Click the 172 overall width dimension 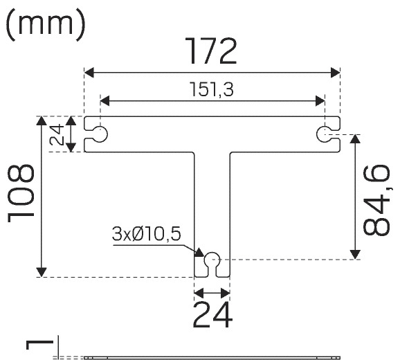(210, 51)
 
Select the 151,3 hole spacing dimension (212, 89)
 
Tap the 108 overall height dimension (21, 193)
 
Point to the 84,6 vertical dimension (376, 200)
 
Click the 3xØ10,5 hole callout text (147, 234)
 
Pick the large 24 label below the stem (212, 314)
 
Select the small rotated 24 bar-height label (57, 134)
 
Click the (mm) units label (45, 25)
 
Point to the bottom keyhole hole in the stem (212, 260)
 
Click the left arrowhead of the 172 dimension (89, 73)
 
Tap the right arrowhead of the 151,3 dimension (320, 101)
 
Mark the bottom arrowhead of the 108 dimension (42, 272)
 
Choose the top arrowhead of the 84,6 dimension (355, 139)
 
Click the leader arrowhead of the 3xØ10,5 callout (199, 253)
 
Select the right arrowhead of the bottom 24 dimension (225, 293)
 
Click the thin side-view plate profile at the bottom (212, 358)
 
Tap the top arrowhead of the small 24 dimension (71, 120)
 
